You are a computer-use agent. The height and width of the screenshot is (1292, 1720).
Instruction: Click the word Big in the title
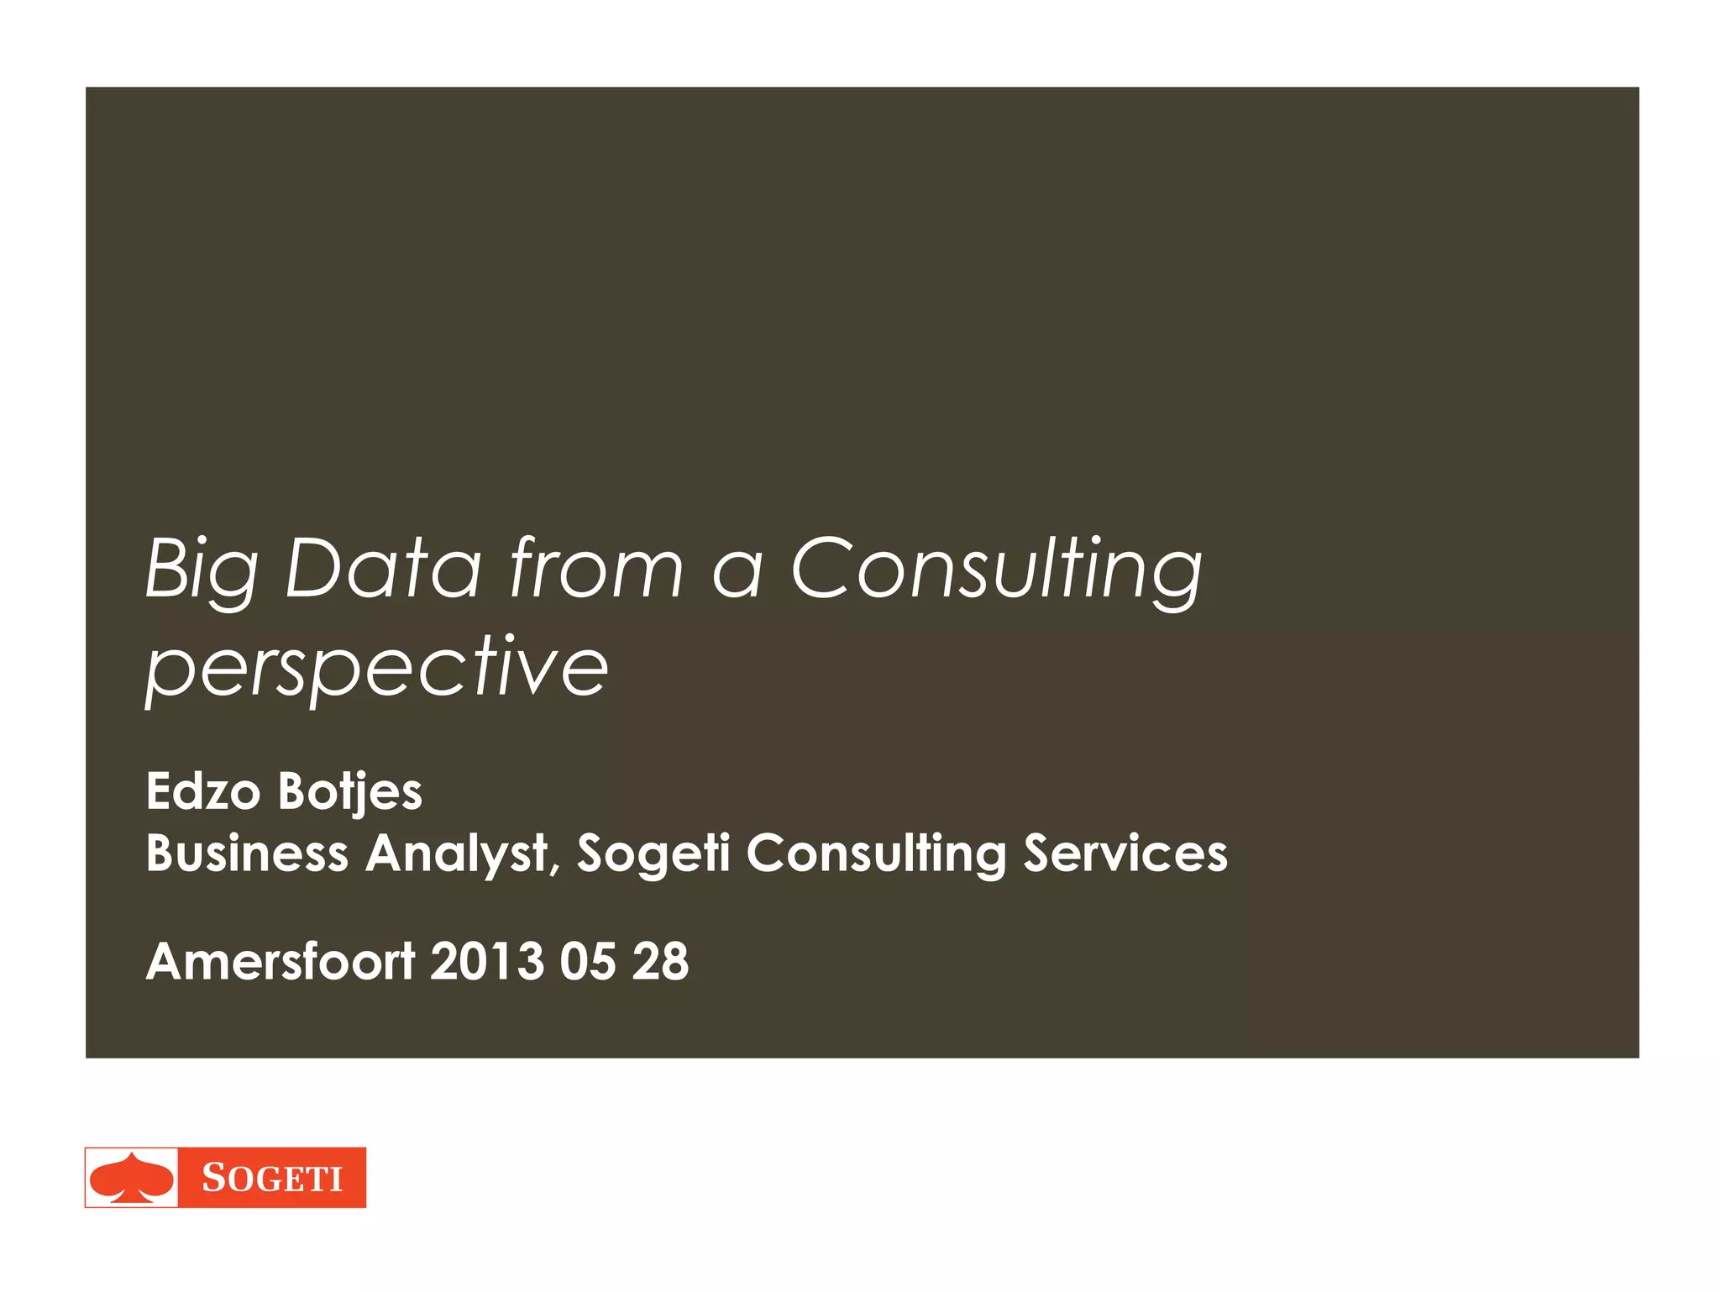click(x=202, y=571)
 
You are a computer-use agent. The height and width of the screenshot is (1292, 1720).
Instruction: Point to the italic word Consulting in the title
click(x=997, y=571)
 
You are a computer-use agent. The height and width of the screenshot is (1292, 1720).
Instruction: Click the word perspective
click(x=377, y=670)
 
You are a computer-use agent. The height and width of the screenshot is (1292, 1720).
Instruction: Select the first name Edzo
click(x=203, y=791)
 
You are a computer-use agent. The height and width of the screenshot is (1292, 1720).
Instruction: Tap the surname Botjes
click(x=350, y=793)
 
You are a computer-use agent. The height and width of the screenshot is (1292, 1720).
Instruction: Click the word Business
click(x=247, y=853)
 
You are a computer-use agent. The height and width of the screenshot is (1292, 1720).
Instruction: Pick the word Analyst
click(x=456, y=855)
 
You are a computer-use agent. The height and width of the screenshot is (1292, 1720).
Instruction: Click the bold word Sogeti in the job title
click(x=653, y=855)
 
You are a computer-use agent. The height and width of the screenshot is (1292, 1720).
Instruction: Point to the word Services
click(x=1125, y=853)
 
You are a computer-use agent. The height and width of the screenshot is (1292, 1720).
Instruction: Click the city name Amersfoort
click(x=281, y=961)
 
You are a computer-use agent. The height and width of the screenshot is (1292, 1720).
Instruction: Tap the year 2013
click(x=487, y=961)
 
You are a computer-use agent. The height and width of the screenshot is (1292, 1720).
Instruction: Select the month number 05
click(x=588, y=961)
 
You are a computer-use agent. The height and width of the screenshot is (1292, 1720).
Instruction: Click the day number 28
click(x=661, y=961)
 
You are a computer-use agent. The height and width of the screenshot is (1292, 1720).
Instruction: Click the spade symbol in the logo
click(x=132, y=1178)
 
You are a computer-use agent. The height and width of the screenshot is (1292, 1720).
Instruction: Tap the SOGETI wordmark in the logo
click(x=272, y=1179)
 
